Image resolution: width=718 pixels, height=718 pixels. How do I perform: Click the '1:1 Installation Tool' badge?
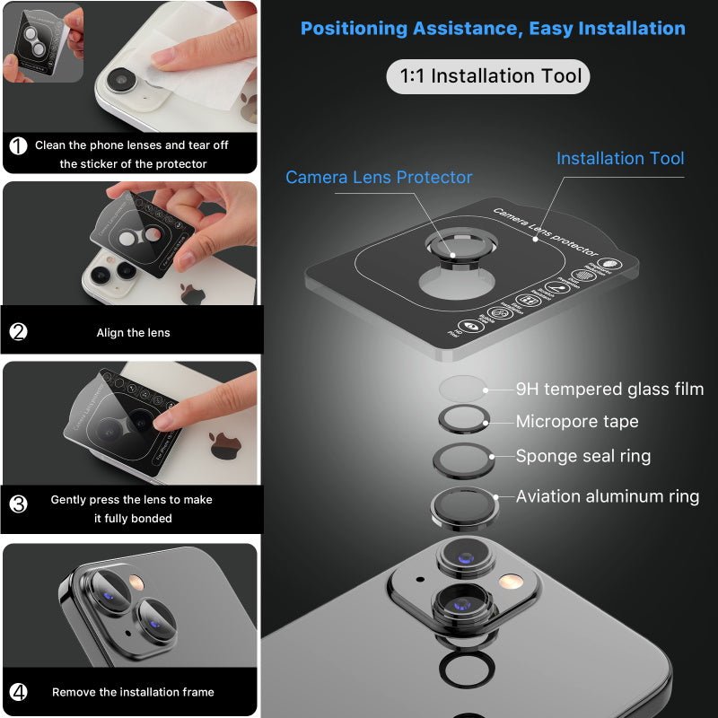pos(488,76)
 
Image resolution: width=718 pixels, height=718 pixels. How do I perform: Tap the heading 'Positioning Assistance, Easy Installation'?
pos(493,28)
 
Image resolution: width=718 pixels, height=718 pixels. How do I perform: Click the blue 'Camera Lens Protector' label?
pos(379,177)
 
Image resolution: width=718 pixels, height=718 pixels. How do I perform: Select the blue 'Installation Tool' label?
pos(619,158)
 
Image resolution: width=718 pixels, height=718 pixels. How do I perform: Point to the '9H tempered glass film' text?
pos(609,389)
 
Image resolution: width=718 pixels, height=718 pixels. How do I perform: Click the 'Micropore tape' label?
pos(576,421)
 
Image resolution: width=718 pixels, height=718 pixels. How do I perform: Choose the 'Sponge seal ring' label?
pos(582,456)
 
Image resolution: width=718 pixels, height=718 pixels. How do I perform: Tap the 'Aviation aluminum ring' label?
pos(607,496)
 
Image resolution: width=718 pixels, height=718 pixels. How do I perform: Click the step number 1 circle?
pos(18,145)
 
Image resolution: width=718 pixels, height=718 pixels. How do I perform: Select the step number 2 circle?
pos(18,332)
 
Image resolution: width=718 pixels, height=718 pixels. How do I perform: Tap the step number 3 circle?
pos(18,503)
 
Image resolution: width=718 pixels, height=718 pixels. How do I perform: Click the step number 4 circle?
pos(18,692)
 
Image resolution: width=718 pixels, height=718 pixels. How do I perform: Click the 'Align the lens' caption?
pos(133,333)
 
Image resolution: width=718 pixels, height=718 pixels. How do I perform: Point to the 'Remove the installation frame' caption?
pos(133,692)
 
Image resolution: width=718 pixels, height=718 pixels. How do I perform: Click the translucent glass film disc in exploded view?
pos(462,389)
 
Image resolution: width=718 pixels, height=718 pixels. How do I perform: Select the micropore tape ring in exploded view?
pos(462,420)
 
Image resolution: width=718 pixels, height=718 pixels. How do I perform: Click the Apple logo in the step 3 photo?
pos(223,445)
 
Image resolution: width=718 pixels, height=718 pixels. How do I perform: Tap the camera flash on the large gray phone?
pos(512,582)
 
